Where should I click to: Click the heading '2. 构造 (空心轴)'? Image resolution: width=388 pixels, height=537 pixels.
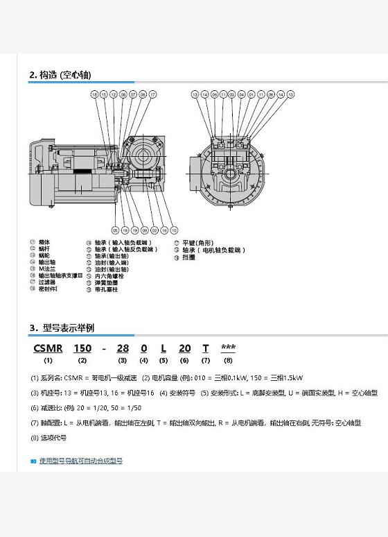(x=60, y=75)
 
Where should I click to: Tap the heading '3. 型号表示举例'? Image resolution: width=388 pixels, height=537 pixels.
(x=62, y=327)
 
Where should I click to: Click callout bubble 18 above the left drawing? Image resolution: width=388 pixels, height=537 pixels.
(x=94, y=94)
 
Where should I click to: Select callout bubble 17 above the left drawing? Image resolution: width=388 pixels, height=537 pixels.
(x=153, y=94)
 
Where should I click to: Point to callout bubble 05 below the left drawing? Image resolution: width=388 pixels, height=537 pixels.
(x=115, y=230)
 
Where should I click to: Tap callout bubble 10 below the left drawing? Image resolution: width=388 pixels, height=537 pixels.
(x=174, y=230)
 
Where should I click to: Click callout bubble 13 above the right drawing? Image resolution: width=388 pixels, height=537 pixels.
(x=195, y=94)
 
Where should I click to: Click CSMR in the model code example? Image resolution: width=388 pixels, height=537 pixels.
(x=48, y=348)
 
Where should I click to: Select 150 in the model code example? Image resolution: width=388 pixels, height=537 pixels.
(x=82, y=348)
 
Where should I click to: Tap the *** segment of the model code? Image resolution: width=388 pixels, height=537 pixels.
(x=228, y=348)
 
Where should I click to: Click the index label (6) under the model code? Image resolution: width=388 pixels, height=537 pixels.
(x=184, y=360)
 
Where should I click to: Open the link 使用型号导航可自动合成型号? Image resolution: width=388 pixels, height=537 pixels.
(x=80, y=461)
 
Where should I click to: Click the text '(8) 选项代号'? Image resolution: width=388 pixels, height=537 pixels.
(x=48, y=438)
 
